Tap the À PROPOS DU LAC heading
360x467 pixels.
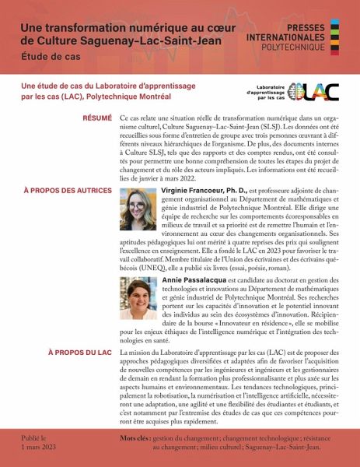(79, 353)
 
